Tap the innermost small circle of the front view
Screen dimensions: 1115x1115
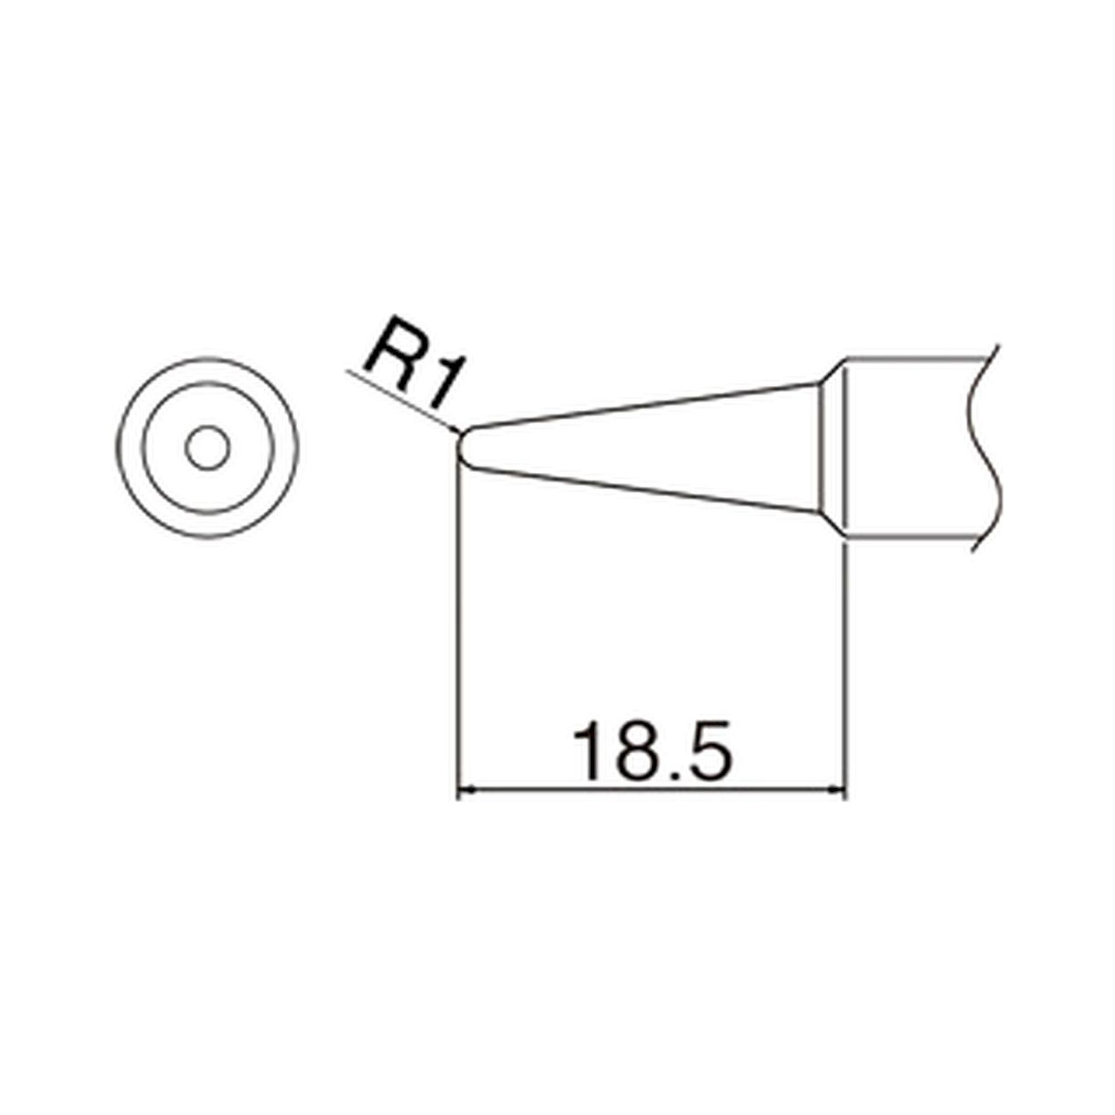click(x=208, y=447)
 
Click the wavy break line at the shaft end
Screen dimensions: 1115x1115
click(x=988, y=447)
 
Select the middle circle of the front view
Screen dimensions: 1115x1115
click(x=143, y=447)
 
